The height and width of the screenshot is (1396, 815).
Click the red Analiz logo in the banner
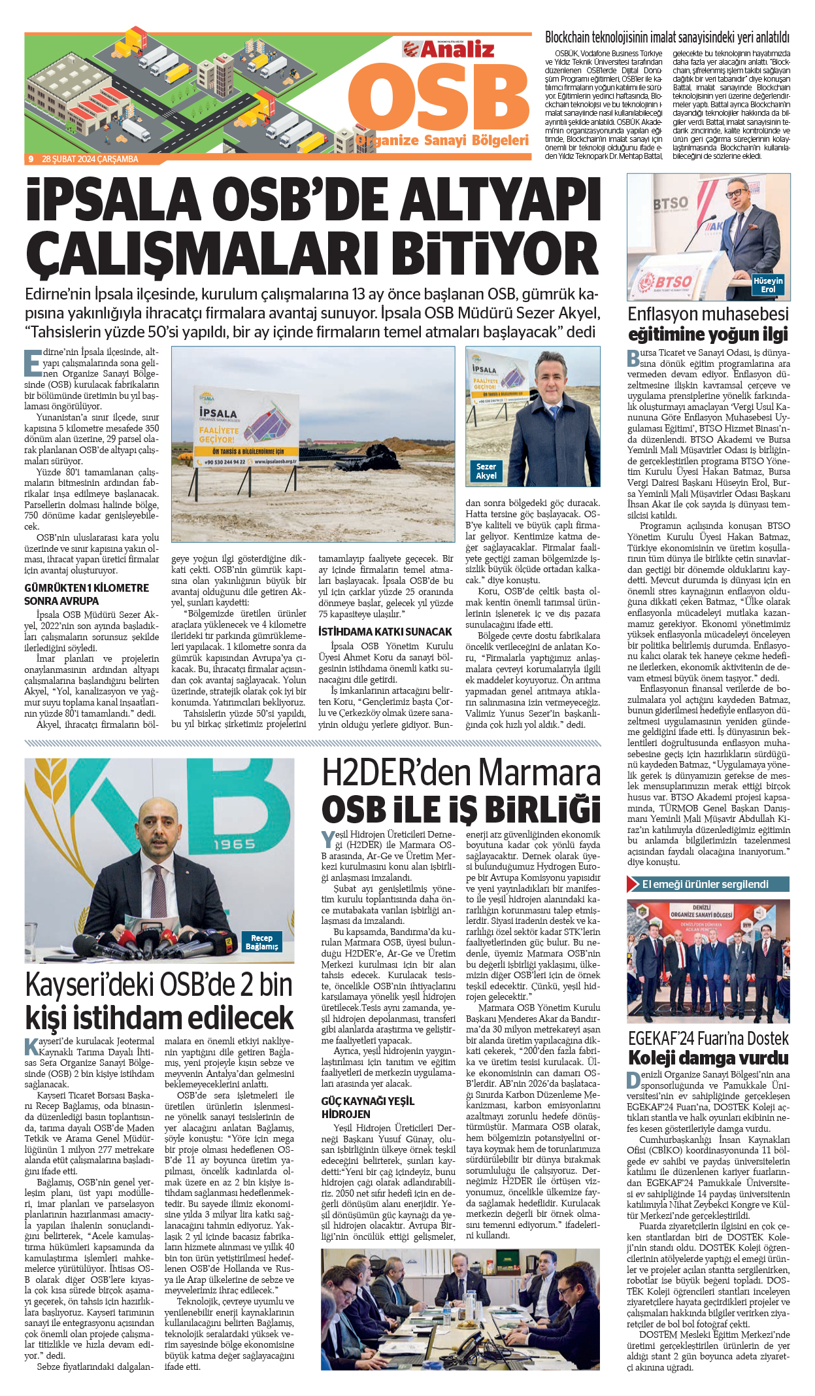pos(448,50)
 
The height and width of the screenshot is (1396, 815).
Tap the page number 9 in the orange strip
pos(31,159)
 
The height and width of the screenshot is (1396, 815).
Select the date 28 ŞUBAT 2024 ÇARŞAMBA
pos(90,159)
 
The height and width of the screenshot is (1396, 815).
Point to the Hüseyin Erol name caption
pos(767,285)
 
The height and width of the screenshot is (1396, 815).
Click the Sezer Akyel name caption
pos(486,471)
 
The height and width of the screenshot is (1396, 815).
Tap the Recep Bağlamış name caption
pos(261,942)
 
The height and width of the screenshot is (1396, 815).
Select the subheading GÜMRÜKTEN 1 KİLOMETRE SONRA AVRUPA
pos(87,594)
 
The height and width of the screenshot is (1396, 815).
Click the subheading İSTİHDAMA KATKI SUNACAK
pos(385,632)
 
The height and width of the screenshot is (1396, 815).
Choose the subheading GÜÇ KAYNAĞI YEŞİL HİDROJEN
pos(367,1108)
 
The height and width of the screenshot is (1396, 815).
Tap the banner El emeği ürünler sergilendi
pos(708,884)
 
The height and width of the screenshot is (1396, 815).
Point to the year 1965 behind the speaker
pos(233,844)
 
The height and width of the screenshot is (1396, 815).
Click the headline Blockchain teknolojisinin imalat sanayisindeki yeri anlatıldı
pos(667,38)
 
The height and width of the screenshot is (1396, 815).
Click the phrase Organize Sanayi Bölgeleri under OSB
pos(442,140)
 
